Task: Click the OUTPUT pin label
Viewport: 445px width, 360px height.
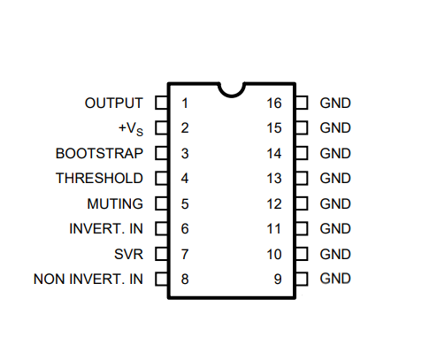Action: point(114,103)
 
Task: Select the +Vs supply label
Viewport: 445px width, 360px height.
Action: point(131,129)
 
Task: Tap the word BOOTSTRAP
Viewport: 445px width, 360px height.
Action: point(99,154)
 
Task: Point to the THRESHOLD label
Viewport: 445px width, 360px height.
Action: point(99,179)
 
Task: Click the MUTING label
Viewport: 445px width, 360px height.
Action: point(115,204)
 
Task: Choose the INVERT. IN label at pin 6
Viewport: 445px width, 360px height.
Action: point(106,229)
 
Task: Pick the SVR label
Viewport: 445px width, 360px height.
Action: point(129,255)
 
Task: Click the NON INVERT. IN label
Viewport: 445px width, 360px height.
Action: point(88,280)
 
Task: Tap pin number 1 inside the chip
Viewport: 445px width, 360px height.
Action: point(185,103)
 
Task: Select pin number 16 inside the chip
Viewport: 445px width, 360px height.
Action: point(274,103)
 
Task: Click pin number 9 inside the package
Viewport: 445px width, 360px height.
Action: point(278,280)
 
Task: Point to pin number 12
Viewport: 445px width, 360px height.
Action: point(274,204)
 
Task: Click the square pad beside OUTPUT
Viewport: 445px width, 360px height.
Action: point(162,103)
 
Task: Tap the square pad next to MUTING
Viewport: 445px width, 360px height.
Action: point(162,203)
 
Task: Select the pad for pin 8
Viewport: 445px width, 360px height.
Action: point(162,279)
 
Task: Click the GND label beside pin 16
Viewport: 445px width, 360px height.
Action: point(335,103)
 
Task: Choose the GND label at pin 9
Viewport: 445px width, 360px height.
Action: point(335,279)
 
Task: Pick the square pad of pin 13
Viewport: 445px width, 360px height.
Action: point(302,178)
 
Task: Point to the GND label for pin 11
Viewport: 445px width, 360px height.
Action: point(335,229)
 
